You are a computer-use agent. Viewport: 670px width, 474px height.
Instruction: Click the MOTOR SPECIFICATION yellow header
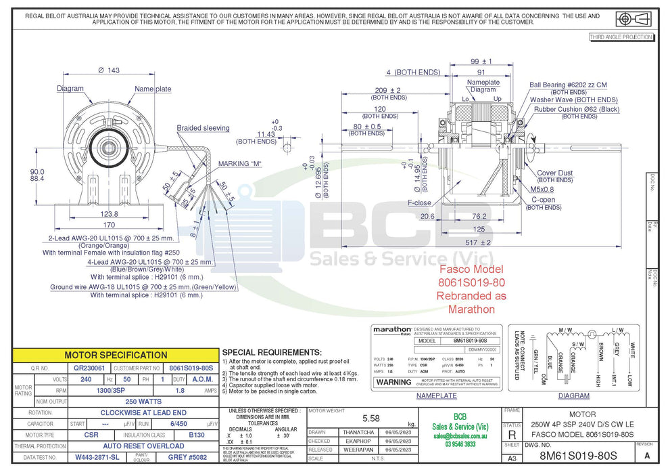[116, 355]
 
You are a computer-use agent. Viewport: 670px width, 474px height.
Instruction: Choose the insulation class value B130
[196, 435]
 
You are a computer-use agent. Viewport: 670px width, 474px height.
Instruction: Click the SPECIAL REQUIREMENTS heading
[271, 352]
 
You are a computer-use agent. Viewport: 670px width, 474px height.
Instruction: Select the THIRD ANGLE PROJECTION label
[621, 37]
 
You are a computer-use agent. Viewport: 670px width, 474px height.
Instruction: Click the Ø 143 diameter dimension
[109, 70]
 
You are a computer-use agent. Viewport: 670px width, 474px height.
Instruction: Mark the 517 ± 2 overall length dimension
[477, 242]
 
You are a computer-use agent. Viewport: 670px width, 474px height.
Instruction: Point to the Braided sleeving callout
[203, 128]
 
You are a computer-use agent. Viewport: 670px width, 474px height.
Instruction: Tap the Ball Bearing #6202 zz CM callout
[567, 85]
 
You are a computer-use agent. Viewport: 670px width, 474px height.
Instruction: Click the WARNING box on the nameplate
[393, 381]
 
